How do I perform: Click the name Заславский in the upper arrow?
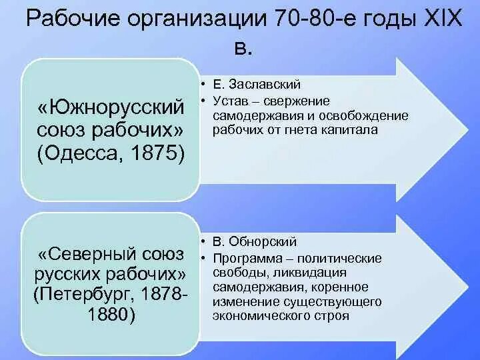(x=265, y=85)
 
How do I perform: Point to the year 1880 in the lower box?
(x=111, y=314)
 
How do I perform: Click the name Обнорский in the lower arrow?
(x=263, y=242)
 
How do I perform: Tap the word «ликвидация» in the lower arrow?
(x=313, y=273)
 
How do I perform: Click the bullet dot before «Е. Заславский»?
(x=201, y=85)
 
